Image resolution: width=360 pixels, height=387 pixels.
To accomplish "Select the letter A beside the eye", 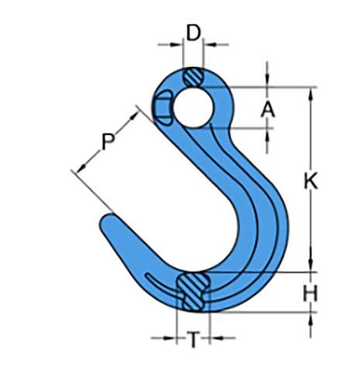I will pyautogui.click(x=268, y=109).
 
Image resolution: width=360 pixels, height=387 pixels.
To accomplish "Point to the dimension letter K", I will pyautogui.click(x=310, y=181).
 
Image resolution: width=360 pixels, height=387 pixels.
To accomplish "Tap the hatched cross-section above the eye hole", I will pyautogui.click(x=194, y=77).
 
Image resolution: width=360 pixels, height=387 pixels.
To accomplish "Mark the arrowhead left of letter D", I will pyautogui.click(x=179, y=45).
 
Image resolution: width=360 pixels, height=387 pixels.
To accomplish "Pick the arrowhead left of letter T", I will pyautogui.click(x=172, y=338).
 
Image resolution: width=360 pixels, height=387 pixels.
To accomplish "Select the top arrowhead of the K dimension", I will pyautogui.click(x=310, y=91).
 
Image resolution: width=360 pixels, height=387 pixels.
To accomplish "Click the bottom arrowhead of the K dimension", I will pyautogui.click(x=310, y=267).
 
